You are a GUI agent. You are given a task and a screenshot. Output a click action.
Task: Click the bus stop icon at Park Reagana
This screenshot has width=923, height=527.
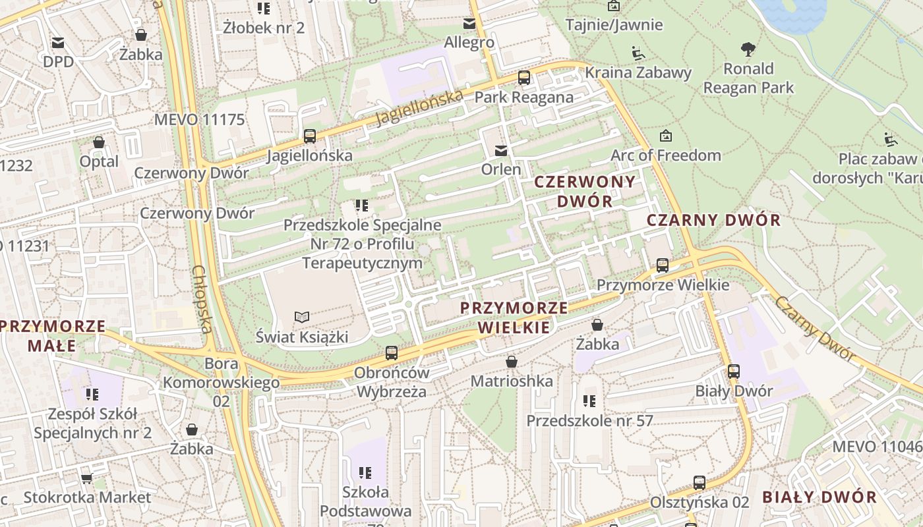point(524,78)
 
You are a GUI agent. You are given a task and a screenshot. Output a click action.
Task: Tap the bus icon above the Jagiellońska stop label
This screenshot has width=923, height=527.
point(309,136)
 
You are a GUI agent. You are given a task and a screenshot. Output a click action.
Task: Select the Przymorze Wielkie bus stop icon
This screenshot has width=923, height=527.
point(663,265)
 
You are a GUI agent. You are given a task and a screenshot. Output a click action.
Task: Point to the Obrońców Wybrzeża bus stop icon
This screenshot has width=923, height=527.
point(392,353)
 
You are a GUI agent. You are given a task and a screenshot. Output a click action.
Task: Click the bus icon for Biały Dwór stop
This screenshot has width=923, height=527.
point(734,372)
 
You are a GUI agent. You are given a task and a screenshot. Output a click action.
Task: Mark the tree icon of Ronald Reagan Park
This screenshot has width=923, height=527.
point(748,49)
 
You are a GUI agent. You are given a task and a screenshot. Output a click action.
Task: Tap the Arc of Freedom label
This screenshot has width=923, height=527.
point(666,155)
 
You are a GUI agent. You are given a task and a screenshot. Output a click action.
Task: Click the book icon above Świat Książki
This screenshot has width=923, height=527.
point(301,318)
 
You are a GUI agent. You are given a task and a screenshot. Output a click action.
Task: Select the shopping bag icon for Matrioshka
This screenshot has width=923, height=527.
point(511,362)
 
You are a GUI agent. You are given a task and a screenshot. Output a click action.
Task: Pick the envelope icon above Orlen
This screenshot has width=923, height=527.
point(502,151)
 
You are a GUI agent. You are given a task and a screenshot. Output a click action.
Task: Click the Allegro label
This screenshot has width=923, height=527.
point(469,42)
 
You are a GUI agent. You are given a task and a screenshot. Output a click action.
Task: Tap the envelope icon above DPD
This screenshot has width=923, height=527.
point(58,43)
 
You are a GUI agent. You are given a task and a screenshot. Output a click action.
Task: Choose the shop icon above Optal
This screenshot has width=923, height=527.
point(99,142)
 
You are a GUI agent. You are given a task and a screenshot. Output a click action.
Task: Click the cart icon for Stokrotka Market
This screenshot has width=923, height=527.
point(86,478)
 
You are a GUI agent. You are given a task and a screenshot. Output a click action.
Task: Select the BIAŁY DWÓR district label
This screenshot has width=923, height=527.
point(819,497)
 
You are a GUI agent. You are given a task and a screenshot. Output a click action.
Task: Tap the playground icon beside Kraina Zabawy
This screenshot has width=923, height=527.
point(638,53)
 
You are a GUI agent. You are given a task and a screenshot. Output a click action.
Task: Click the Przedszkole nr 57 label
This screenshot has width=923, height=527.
point(589,420)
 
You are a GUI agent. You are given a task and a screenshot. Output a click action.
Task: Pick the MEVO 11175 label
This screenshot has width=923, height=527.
point(199,120)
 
